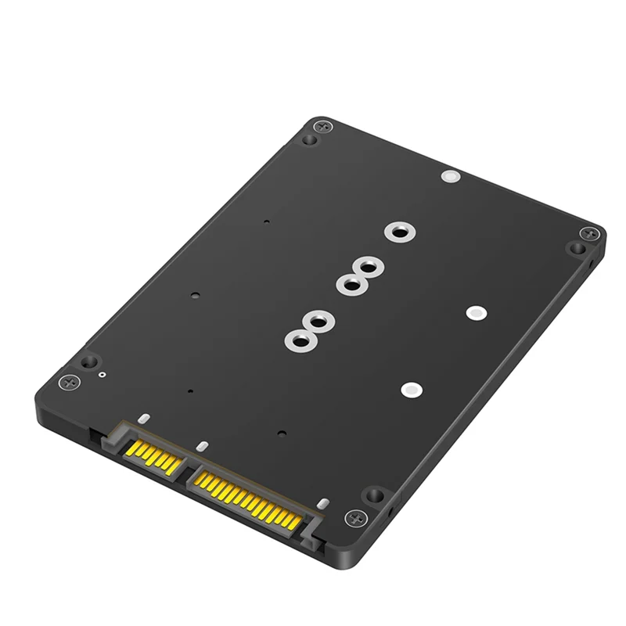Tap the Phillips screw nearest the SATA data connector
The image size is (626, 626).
pyautogui.click(x=70, y=383)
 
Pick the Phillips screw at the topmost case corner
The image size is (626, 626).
pyautogui.click(x=322, y=127)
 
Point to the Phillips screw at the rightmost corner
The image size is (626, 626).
pyautogui.click(x=589, y=234)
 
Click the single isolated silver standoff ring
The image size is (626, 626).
pyautogui.click(x=398, y=232)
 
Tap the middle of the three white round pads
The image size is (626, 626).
pyautogui.click(x=473, y=312)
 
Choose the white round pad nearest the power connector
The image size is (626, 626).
pyautogui.click(x=409, y=389)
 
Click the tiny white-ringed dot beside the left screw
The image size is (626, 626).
pyautogui.click(x=103, y=375)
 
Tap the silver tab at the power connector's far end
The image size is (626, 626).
pyautogui.click(x=322, y=503)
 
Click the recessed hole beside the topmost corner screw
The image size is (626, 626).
pyautogui.click(x=309, y=140)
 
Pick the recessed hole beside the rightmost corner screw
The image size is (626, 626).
pyautogui.click(x=577, y=248)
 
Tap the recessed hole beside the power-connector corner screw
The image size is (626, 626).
pyautogui.click(x=376, y=495)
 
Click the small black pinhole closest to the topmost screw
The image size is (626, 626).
pyautogui.click(x=266, y=222)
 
